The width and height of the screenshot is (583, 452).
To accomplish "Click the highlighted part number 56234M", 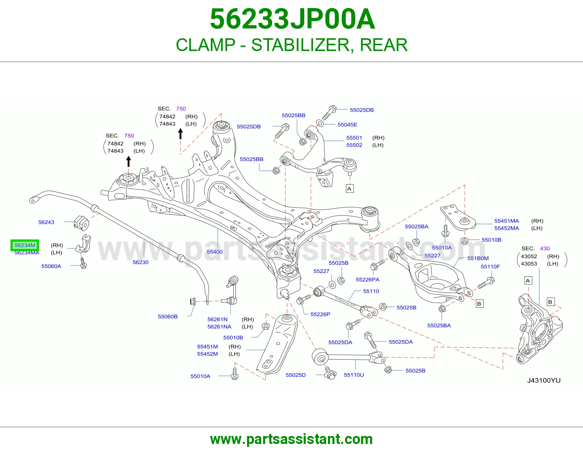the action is [25, 245].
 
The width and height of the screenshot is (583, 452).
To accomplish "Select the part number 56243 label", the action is [46, 222].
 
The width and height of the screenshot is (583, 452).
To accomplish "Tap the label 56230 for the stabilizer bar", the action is [141, 262].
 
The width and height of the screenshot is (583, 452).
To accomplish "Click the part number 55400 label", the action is [215, 252].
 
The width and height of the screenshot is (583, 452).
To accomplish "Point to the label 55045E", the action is [348, 125].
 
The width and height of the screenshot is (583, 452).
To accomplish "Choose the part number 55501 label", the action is [354, 138].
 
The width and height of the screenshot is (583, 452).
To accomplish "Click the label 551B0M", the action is [478, 258].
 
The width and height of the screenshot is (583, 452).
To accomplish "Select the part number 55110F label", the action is [490, 266].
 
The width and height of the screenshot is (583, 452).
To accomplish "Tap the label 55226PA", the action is [368, 280].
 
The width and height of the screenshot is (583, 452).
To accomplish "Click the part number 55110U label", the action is [354, 375].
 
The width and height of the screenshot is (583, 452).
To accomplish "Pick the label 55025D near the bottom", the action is [296, 375].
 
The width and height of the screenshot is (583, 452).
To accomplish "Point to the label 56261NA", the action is [219, 327].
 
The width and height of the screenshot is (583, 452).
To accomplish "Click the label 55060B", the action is [168, 317].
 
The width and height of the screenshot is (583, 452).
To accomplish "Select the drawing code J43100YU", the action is [544, 381].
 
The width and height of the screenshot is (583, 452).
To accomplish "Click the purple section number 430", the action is [545, 249].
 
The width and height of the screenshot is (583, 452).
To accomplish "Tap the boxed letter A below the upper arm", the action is [349, 189].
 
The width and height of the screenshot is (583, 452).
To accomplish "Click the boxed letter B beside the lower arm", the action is [480, 304].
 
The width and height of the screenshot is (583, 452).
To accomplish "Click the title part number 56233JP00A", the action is [293, 19].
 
